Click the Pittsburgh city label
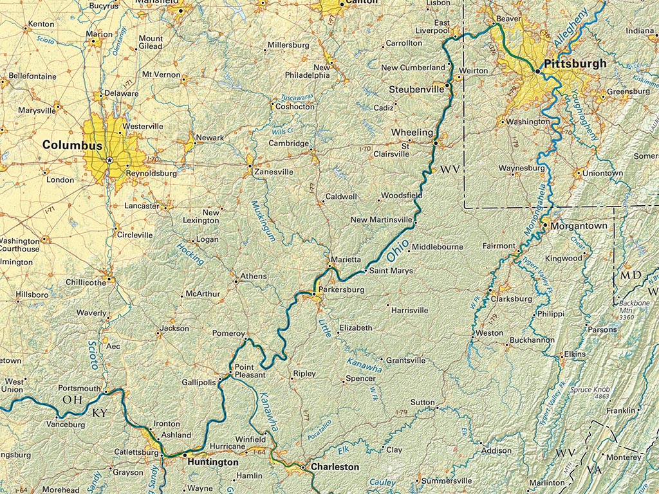575,64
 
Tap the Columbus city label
72,145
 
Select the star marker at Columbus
109,160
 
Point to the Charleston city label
335,466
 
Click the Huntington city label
212,462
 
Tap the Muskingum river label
265,219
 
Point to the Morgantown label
575,226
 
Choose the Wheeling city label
412,132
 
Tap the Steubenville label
416,88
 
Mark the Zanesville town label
274,172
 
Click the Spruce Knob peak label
591,389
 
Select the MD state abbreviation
631,275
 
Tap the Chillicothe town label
86,282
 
